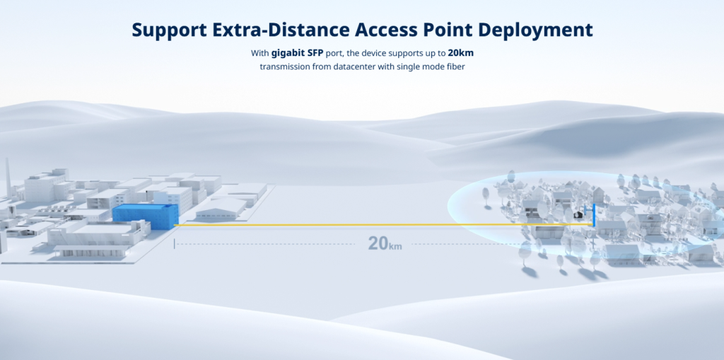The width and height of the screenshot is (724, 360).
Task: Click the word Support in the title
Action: (169, 30)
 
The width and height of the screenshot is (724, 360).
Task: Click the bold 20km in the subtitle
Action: (460, 53)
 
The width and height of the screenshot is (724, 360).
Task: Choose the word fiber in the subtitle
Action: (455, 67)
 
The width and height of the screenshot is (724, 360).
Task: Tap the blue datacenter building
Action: (146, 216)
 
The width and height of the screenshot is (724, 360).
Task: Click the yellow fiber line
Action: (383, 225)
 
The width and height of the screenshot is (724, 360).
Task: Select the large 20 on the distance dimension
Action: (378, 243)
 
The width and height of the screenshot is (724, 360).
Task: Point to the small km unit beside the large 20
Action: (395, 246)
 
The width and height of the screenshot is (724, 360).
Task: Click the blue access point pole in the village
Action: (594, 215)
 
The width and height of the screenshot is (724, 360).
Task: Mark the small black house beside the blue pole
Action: (577, 214)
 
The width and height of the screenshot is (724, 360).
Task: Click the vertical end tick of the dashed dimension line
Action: (174, 243)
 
